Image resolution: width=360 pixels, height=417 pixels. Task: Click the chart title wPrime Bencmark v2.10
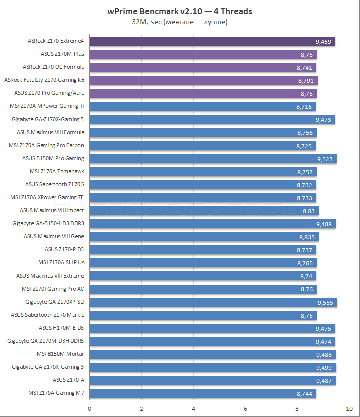coord(179,11)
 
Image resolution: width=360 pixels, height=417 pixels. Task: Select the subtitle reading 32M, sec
coord(180,22)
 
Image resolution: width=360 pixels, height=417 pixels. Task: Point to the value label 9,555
coord(325,302)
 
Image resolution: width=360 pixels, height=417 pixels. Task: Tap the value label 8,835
coord(307,237)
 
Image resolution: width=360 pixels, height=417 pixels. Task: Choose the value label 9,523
coord(325,159)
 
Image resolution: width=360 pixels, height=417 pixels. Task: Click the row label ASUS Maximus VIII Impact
coord(52,211)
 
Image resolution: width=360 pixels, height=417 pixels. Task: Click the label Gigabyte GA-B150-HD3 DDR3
coord(48,224)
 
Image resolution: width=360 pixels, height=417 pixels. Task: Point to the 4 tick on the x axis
coord(193,407)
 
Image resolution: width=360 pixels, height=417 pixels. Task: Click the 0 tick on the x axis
coord(89,407)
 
